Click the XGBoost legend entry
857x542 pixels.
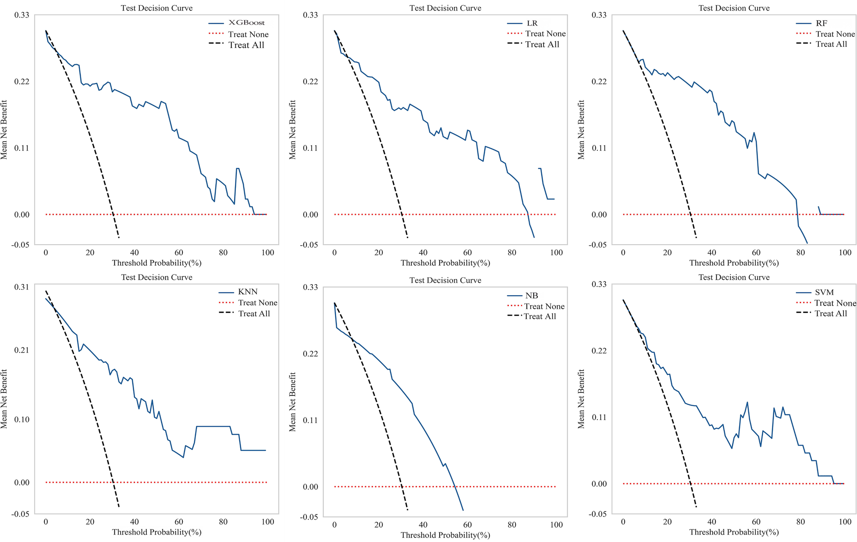[246, 23]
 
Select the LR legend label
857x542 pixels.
[532, 23]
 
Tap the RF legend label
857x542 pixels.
[821, 23]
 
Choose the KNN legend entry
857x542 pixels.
[248, 292]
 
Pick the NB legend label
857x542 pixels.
[531, 296]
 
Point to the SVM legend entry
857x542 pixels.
[824, 292]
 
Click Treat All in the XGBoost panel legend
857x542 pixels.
[246, 45]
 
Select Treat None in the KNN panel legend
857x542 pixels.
[257, 303]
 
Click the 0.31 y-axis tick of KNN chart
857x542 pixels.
[21, 287]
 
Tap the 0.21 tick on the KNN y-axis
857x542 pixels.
[21, 350]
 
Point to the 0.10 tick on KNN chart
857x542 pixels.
[21, 419]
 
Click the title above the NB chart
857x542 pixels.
[445, 280]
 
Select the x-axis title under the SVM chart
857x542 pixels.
[734, 532]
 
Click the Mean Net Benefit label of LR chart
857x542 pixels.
[292, 130]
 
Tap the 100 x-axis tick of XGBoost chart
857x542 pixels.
[267, 253]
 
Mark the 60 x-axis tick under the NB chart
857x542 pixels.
[467, 525]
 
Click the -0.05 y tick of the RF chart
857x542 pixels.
[597, 245]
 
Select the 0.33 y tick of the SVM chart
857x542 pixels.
[599, 284]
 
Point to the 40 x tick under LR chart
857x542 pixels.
[423, 253]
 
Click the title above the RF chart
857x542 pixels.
[734, 8]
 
